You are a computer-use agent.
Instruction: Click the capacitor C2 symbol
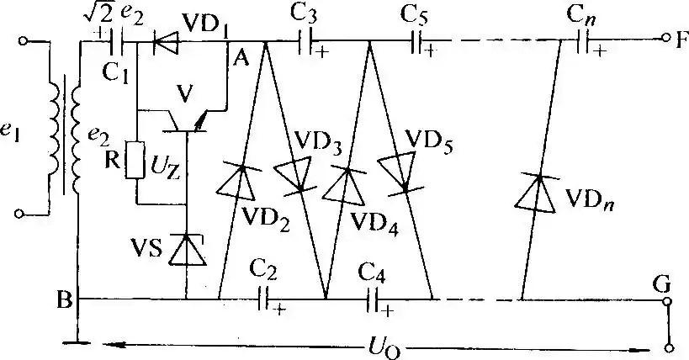265,298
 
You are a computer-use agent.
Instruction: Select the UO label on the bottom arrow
376,345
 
